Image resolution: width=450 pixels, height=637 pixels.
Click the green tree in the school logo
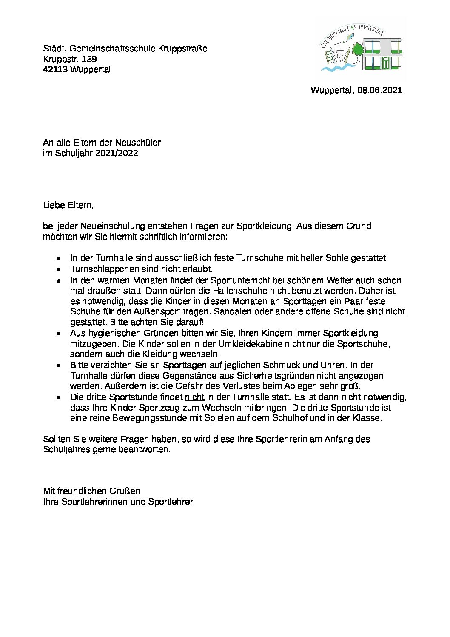coord(357,51)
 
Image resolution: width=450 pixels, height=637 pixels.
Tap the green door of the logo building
coord(385,64)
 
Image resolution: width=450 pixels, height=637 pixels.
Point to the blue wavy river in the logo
coord(336,67)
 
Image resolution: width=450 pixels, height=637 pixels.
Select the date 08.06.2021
coord(379,90)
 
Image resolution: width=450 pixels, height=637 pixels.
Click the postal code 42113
coord(55,69)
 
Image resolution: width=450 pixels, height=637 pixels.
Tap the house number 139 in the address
coord(89,59)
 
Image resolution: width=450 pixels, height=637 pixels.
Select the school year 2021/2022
coord(117,153)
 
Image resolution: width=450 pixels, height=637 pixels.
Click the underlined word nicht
coord(194,397)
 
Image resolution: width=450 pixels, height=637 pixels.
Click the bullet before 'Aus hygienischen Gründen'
coord(59,334)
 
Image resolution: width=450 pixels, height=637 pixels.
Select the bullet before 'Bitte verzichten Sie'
coord(59,366)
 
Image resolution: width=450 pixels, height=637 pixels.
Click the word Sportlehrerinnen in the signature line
coord(95,502)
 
